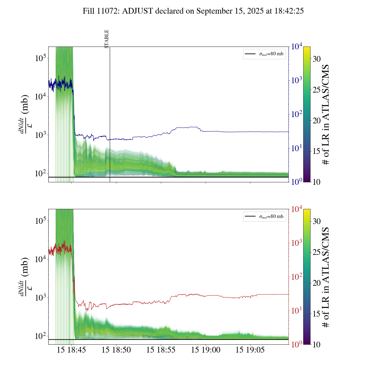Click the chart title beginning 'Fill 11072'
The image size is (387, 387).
(193, 11)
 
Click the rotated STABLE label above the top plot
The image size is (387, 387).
(106, 39)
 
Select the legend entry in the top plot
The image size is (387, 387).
(265, 54)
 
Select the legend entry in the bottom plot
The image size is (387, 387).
(265, 216)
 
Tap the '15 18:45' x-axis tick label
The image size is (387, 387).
(71, 350)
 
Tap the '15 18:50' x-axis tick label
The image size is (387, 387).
(116, 350)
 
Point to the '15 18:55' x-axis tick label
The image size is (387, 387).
(161, 350)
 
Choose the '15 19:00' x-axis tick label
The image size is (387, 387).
(206, 350)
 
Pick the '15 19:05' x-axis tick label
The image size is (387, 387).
(250, 350)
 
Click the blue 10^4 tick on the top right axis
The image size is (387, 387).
(297, 47)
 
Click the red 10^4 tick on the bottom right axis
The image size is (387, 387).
(297, 209)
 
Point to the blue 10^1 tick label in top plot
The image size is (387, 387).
(297, 148)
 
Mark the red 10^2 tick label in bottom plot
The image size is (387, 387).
(297, 277)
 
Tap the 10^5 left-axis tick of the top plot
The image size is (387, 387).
(40, 58)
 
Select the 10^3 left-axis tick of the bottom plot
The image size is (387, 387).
(40, 298)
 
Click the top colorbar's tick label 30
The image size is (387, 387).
(317, 59)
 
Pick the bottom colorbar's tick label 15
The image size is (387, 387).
(317, 314)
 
